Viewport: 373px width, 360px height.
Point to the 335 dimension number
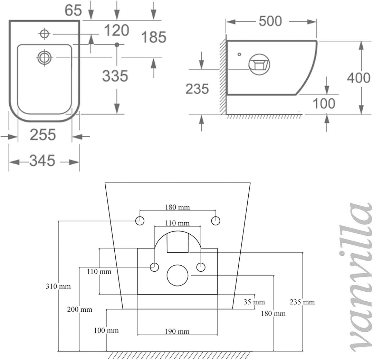pos(115,76)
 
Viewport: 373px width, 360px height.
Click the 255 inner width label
pos(43,135)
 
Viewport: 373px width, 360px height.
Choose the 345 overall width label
pos(42,160)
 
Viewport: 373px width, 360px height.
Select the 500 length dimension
pos(270,21)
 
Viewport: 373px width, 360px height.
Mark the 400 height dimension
pos(358,78)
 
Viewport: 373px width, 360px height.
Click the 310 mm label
pos(58,286)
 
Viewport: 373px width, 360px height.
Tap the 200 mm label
pos(80,310)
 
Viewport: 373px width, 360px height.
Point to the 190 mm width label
pos(177,331)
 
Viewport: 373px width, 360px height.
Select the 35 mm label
pos(254,302)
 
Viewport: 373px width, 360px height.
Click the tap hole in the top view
pos(45,34)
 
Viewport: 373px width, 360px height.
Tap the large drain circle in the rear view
pos(178,275)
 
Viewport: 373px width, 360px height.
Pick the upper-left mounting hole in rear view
pos(140,221)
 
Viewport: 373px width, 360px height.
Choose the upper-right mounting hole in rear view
pos(216,221)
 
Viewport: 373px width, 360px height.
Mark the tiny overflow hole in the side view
pos(239,54)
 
